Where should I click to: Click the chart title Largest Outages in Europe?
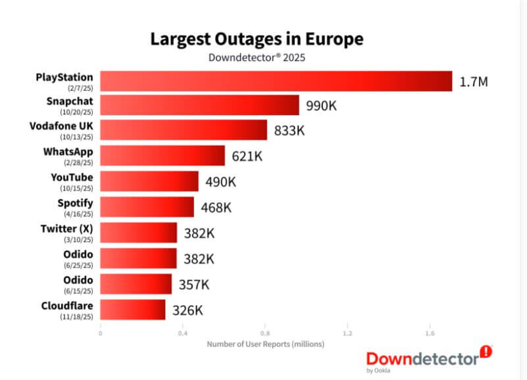click(257, 39)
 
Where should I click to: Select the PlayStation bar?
click(276, 82)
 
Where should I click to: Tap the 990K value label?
click(321, 105)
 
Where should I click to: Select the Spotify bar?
click(147, 207)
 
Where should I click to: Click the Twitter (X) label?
click(67, 227)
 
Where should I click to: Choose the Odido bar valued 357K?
click(136, 285)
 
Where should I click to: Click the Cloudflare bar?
click(132, 310)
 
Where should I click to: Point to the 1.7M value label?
click(474, 82)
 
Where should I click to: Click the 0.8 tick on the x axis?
click(265, 333)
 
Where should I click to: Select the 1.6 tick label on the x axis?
click(430, 333)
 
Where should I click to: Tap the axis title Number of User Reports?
click(266, 344)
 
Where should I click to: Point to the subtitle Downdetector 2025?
click(257, 57)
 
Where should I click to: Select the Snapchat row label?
click(70, 101)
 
